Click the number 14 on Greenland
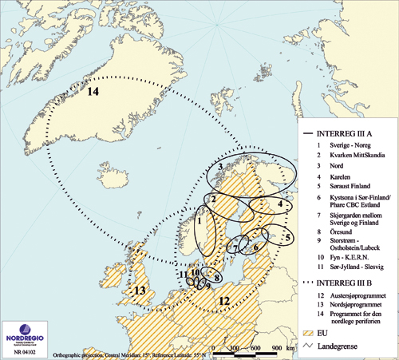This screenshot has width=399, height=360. click(93, 93)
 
